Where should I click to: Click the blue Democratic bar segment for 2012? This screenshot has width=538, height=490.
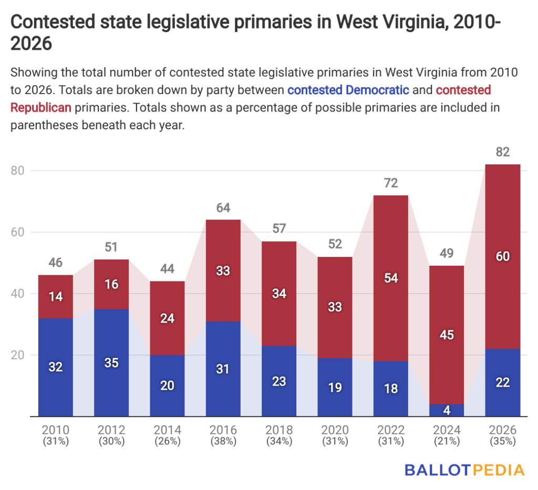point(111,362)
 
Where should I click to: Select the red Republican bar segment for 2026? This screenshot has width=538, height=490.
point(502,256)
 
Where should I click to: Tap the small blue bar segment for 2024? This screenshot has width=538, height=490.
point(447,410)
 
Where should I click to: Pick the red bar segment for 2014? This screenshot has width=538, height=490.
point(167,318)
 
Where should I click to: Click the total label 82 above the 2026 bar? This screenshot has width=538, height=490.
point(502,152)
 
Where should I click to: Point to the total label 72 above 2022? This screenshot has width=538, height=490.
point(391,183)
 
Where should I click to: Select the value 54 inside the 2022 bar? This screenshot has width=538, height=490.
point(391,278)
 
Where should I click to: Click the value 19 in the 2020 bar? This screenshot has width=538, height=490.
point(335,388)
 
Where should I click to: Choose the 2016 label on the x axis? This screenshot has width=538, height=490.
point(223,430)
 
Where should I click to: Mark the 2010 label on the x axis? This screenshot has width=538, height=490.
point(56,430)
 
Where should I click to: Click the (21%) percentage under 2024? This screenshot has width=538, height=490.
point(447,442)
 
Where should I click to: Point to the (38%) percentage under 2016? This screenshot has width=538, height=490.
point(223,442)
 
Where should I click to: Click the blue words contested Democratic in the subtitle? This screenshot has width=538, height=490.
point(348,90)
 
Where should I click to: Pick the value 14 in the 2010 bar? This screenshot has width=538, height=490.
point(56,296)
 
